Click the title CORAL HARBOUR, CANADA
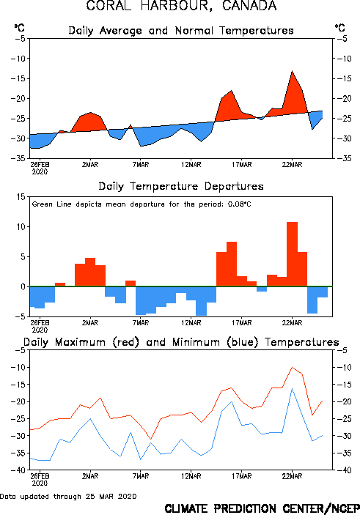click(x=181, y=6)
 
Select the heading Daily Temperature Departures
click(x=181, y=187)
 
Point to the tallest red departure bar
click(x=293, y=254)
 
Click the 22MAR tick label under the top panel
click(x=292, y=165)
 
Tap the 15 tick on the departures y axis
click(x=21, y=197)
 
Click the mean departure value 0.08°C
click(x=240, y=204)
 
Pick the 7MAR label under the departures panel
click(x=141, y=323)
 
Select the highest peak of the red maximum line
click(x=292, y=368)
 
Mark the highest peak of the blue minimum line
click(x=292, y=388)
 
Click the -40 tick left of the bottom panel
click(x=18, y=470)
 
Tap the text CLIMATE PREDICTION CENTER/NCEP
click(x=262, y=508)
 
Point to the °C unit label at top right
click(x=340, y=28)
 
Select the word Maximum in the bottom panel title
click(x=80, y=342)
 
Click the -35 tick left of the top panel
click(x=18, y=158)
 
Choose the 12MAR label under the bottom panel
click(x=191, y=476)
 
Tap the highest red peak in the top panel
click(x=292, y=71)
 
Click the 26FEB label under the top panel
click(x=40, y=165)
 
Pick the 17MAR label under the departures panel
click(x=242, y=323)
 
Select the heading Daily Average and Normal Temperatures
click(x=181, y=31)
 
